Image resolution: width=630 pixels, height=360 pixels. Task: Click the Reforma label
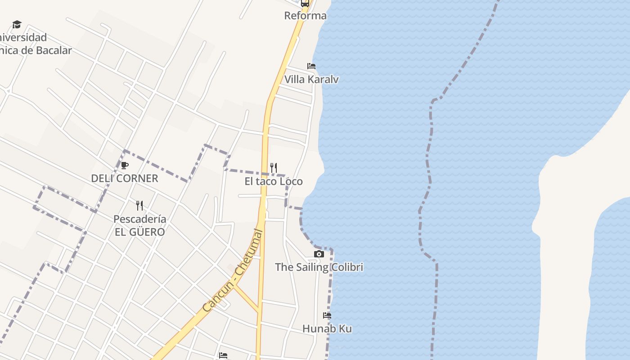click(305, 16)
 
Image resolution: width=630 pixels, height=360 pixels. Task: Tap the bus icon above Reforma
click(305, 3)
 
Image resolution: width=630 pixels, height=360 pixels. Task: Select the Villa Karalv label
click(311, 80)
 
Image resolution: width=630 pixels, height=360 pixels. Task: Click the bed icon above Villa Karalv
click(311, 66)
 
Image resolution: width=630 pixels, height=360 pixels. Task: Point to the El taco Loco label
click(274, 181)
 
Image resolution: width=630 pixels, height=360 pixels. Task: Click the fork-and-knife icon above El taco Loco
click(273, 168)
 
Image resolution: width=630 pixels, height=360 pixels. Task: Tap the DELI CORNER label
click(125, 179)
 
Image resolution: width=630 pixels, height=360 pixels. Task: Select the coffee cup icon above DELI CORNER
click(125, 165)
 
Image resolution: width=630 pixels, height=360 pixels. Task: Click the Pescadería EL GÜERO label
click(139, 225)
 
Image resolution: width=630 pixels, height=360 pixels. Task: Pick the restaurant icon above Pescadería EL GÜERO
click(139, 206)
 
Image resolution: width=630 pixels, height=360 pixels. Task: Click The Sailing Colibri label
click(319, 267)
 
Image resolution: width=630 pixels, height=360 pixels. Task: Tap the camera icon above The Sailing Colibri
click(319, 254)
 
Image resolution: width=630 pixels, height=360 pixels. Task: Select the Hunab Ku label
click(327, 329)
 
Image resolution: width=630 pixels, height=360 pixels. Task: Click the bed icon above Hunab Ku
click(327, 315)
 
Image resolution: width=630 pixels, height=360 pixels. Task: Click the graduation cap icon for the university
click(17, 24)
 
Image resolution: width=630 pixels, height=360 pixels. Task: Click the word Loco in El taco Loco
click(291, 181)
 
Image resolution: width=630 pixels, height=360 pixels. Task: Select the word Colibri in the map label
click(347, 267)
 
